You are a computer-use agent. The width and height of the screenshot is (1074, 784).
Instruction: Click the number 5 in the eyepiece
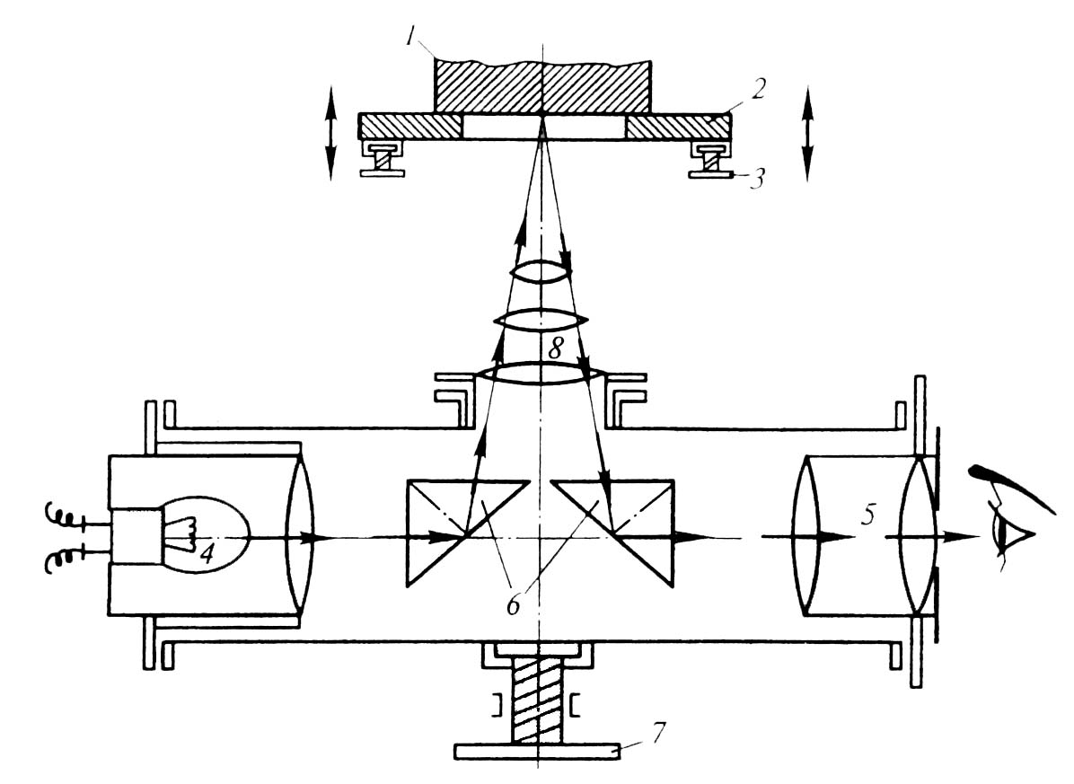867,515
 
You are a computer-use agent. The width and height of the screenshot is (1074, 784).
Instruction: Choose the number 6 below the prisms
514,604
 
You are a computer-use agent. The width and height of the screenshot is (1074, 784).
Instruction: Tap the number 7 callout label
656,732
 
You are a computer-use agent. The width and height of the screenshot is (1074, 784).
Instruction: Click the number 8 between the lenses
556,349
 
